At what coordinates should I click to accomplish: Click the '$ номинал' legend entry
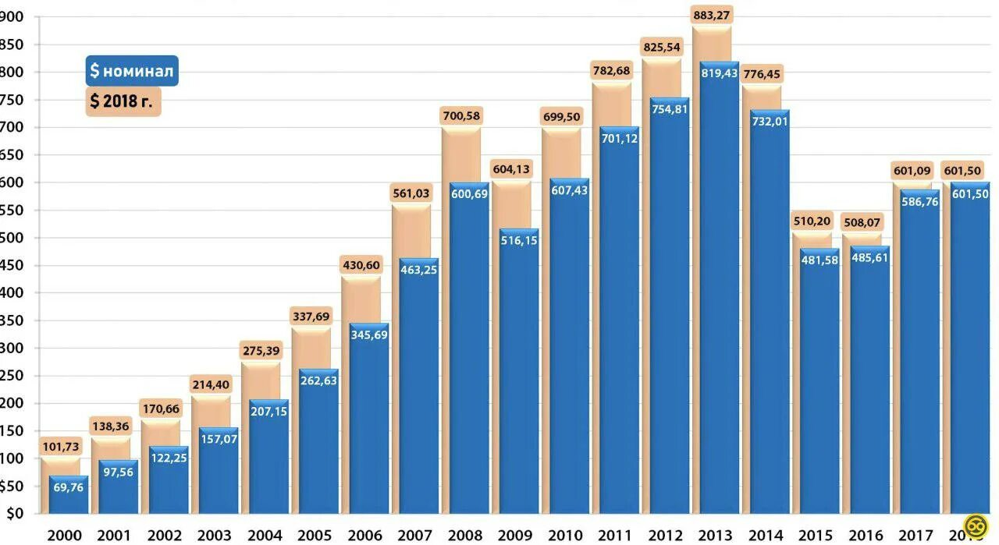click(x=132, y=71)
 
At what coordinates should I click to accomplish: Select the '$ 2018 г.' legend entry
click(x=123, y=101)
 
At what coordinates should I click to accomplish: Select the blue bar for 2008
click(x=469, y=351)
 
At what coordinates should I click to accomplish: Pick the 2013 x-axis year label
click(x=715, y=535)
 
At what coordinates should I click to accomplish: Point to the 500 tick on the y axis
click(x=11, y=237)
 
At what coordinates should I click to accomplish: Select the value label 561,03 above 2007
click(x=411, y=193)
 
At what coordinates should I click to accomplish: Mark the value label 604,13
click(x=511, y=169)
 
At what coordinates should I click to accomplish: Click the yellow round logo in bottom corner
click(x=972, y=526)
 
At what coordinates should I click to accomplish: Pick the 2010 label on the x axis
click(x=564, y=535)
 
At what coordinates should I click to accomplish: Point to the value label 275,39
click(x=261, y=351)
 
